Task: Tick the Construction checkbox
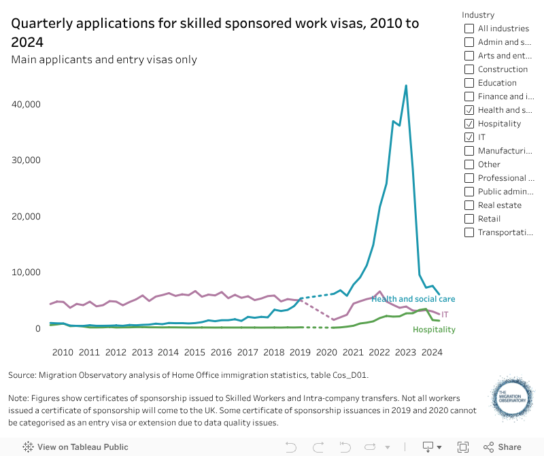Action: coord(469,69)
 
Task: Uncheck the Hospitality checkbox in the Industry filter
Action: coord(469,124)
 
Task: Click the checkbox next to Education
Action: coord(469,83)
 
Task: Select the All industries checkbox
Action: coord(469,29)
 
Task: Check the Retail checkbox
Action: coord(469,219)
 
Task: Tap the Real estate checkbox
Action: coord(469,205)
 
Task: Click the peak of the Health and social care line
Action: coord(406,86)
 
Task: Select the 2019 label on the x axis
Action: coord(300,352)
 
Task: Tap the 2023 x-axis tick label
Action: coord(405,352)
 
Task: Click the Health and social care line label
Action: coord(413,299)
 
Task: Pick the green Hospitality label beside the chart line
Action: coord(434,330)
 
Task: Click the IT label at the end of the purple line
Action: coord(445,315)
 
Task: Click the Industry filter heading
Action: coord(478,15)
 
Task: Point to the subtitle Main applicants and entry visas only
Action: coord(104,59)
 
